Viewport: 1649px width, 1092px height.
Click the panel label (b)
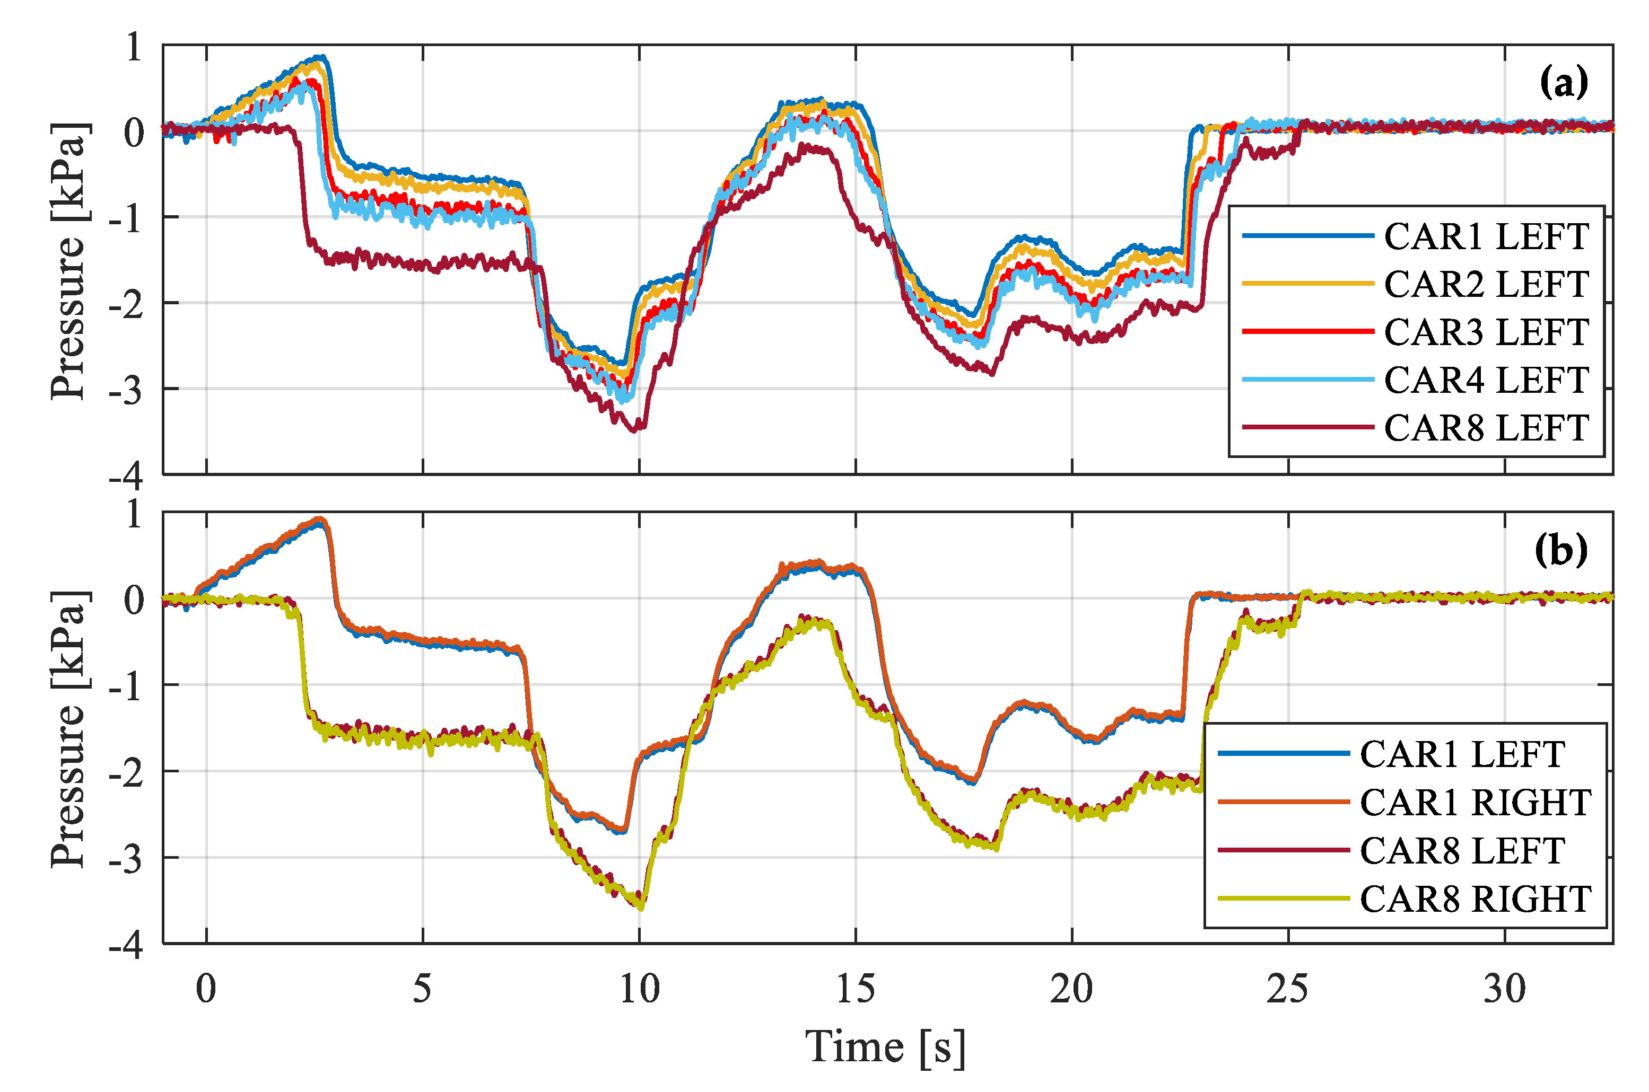[1561, 551]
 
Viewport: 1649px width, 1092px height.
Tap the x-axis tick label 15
[856, 989]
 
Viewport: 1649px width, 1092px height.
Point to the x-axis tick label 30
[1505, 989]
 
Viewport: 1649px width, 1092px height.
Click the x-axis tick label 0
[206, 989]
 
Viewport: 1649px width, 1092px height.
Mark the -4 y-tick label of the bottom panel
[126, 946]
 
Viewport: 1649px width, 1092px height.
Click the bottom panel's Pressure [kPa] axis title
[68, 728]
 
